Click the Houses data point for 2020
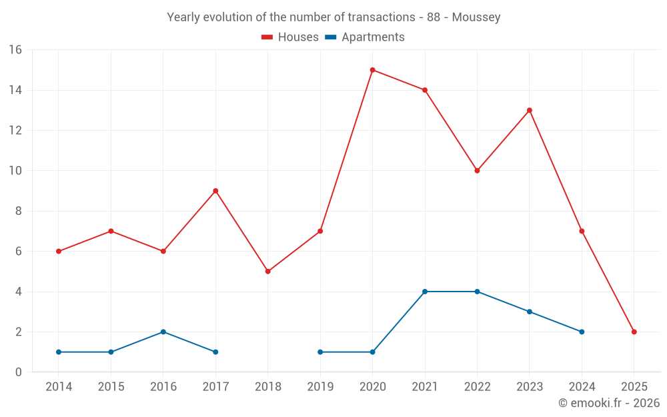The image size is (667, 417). click(x=372, y=70)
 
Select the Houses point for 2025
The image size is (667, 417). click(x=634, y=332)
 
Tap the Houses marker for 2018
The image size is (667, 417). click(x=267, y=272)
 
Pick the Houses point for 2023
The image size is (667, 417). click(x=530, y=110)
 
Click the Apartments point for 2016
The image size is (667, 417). click(x=163, y=332)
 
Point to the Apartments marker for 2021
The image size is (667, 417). click(x=425, y=292)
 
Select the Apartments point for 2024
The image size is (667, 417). click(x=582, y=332)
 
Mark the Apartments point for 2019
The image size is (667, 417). click(x=320, y=352)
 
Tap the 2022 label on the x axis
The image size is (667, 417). click(x=477, y=387)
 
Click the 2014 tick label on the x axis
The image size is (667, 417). click(x=59, y=387)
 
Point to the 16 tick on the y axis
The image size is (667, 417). click(x=15, y=50)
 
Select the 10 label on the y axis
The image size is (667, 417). click(x=15, y=171)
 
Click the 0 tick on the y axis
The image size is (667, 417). click(x=19, y=372)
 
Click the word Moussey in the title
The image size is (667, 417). click(x=476, y=17)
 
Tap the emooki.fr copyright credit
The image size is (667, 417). click(x=609, y=403)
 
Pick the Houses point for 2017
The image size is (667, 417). click(x=215, y=191)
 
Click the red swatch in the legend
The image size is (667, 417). click(x=267, y=37)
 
